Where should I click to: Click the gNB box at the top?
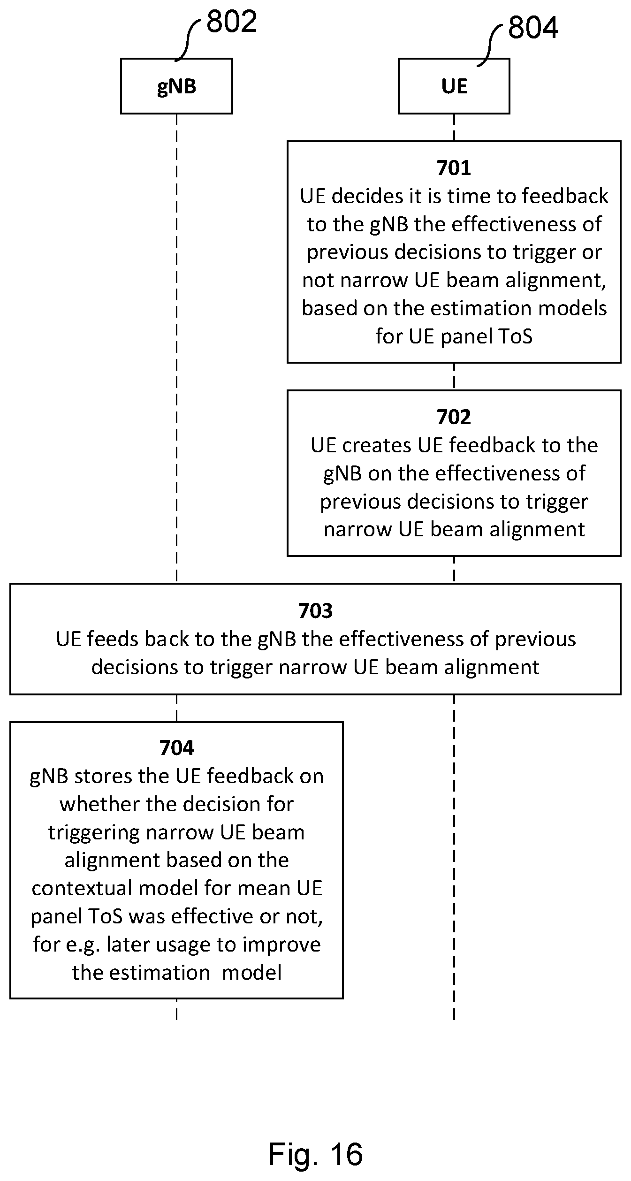176,86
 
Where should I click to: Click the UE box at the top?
454,86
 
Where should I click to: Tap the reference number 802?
232,21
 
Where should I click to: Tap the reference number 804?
533,27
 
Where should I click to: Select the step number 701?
454,168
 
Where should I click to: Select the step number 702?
454,417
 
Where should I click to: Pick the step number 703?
315,611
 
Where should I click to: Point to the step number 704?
176,748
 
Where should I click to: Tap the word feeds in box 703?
112,639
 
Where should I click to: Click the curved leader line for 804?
490,46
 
